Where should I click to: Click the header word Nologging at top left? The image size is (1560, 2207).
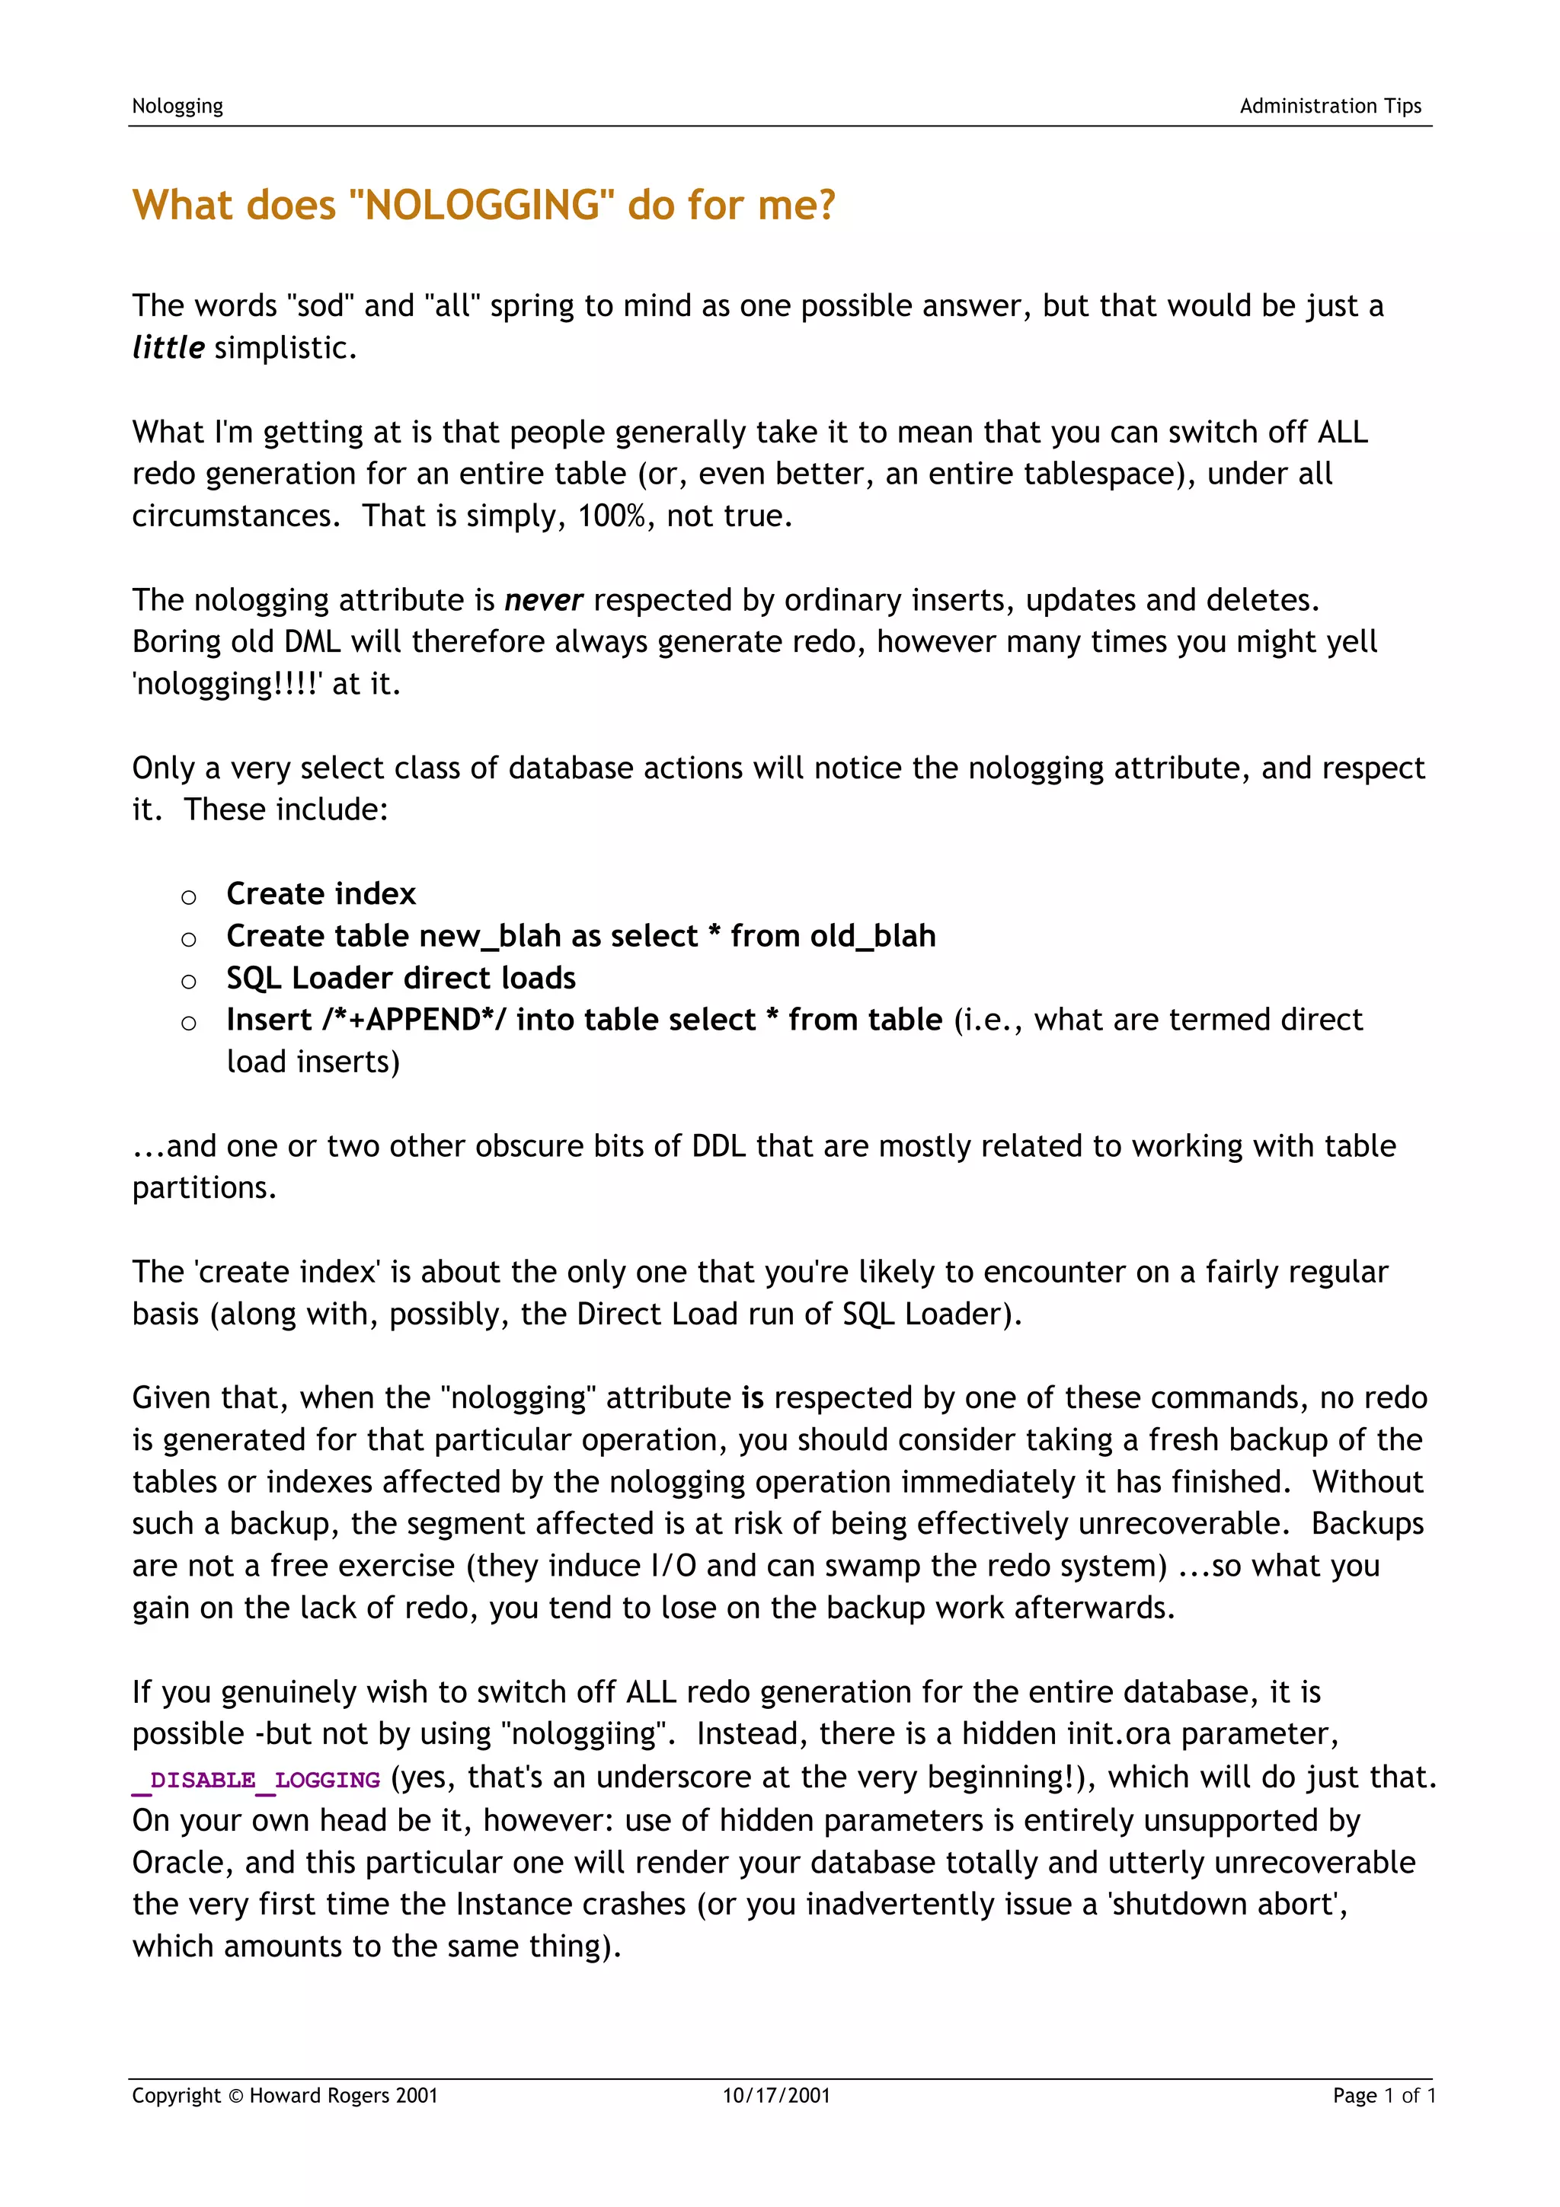177,107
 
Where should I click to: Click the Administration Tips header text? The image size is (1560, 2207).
1329,107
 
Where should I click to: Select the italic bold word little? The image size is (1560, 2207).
168,348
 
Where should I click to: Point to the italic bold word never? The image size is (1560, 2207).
543,600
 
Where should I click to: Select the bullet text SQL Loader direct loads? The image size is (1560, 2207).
401,979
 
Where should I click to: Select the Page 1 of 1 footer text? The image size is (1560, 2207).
1383,2096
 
